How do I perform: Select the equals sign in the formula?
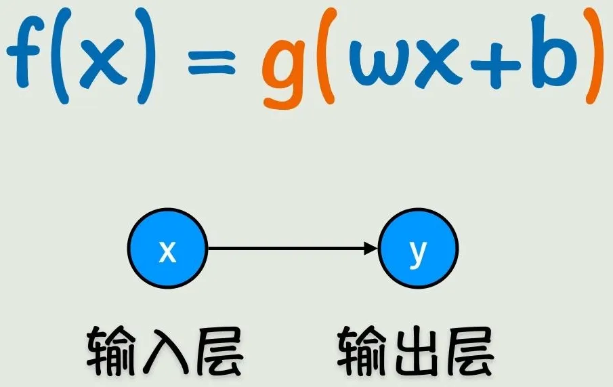click(211, 62)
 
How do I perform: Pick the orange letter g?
click(284, 66)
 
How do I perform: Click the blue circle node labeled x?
click(167, 248)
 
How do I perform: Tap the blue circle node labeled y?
click(418, 248)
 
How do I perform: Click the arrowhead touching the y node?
click(371, 248)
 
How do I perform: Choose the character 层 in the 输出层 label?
click(469, 351)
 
